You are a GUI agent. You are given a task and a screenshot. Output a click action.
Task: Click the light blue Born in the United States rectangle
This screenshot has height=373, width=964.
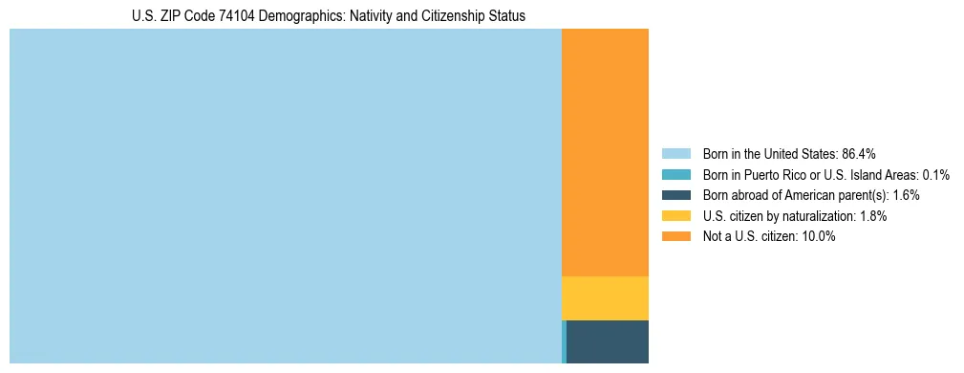point(285,196)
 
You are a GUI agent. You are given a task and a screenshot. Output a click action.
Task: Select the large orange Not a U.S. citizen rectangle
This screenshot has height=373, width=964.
point(605,153)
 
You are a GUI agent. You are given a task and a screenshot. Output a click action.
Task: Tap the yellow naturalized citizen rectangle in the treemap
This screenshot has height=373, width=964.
point(605,297)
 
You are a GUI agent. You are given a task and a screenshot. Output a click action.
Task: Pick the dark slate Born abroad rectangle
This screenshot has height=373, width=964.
point(608,341)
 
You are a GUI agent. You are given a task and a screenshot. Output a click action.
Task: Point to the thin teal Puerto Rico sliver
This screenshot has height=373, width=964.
point(564,341)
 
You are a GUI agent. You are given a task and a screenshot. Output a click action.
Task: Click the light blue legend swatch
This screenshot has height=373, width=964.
point(675,153)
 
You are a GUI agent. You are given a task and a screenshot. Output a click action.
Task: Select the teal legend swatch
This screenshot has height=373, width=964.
point(675,174)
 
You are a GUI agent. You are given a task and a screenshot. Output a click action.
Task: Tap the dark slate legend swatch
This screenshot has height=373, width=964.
point(675,195)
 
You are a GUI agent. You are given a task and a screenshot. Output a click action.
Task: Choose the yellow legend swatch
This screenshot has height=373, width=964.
point(675,216)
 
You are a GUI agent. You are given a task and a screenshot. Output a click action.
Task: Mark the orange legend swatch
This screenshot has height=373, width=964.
point(675,237)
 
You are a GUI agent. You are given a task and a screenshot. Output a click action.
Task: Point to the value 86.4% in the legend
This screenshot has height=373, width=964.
point(858,153)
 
